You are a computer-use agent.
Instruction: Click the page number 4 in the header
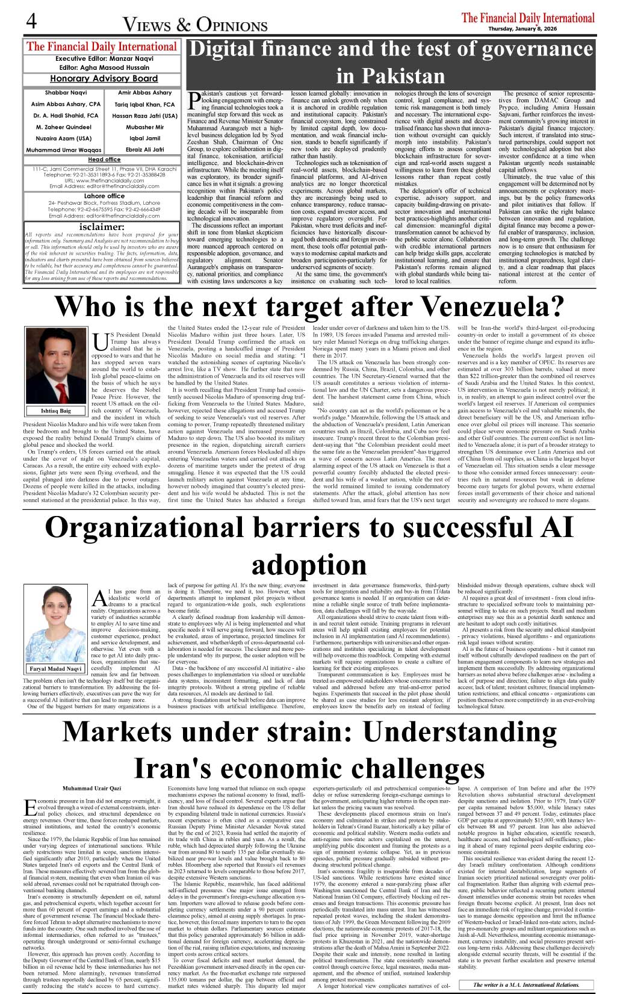(31, 21)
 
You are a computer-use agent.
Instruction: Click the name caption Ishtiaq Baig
(56, 411)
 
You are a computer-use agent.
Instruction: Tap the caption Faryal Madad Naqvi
(56, 669)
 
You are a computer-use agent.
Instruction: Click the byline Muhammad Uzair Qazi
(91, 788)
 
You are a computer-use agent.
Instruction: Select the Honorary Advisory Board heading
(104, 78)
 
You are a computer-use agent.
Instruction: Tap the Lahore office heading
(104, 196)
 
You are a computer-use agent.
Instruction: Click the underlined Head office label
(104, 160)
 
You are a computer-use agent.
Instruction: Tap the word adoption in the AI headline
(309, 564)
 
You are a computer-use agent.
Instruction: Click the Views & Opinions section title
(195, 25)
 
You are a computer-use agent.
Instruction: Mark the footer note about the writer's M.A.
(526, 984)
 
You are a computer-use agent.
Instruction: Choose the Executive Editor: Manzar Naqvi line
(103, 59)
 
